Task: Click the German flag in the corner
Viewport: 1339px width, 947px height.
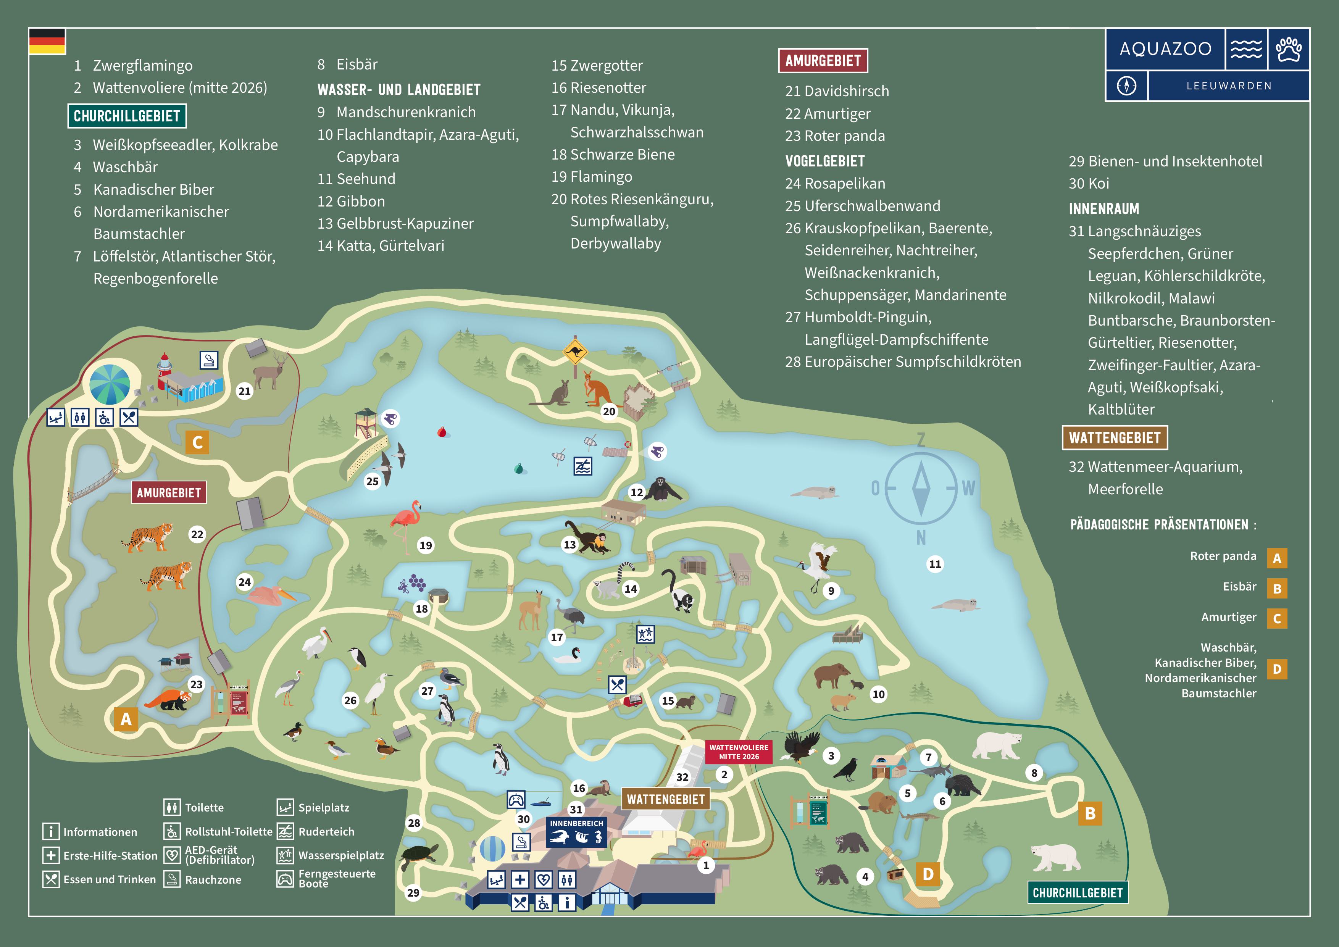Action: click(x=47, y=41)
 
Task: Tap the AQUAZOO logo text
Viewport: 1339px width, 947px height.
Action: click(x=1165, y=49)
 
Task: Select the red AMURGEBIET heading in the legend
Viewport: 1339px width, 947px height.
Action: click(x=822, y=61)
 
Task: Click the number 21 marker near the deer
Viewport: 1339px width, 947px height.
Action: click(x=244, y=391)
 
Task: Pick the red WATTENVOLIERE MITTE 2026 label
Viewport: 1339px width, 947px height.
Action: click(x=738, y=752)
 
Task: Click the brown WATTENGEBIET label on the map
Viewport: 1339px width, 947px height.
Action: click(x=665, y=799)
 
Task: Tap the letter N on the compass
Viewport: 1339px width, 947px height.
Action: click(x=921, y=538)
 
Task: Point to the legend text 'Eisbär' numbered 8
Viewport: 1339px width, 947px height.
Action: click(x=357, y=65)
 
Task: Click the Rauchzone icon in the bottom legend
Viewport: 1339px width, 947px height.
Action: click(x=171, y=879)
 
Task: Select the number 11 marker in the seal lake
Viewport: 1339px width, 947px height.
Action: click(x=935, y=564)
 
